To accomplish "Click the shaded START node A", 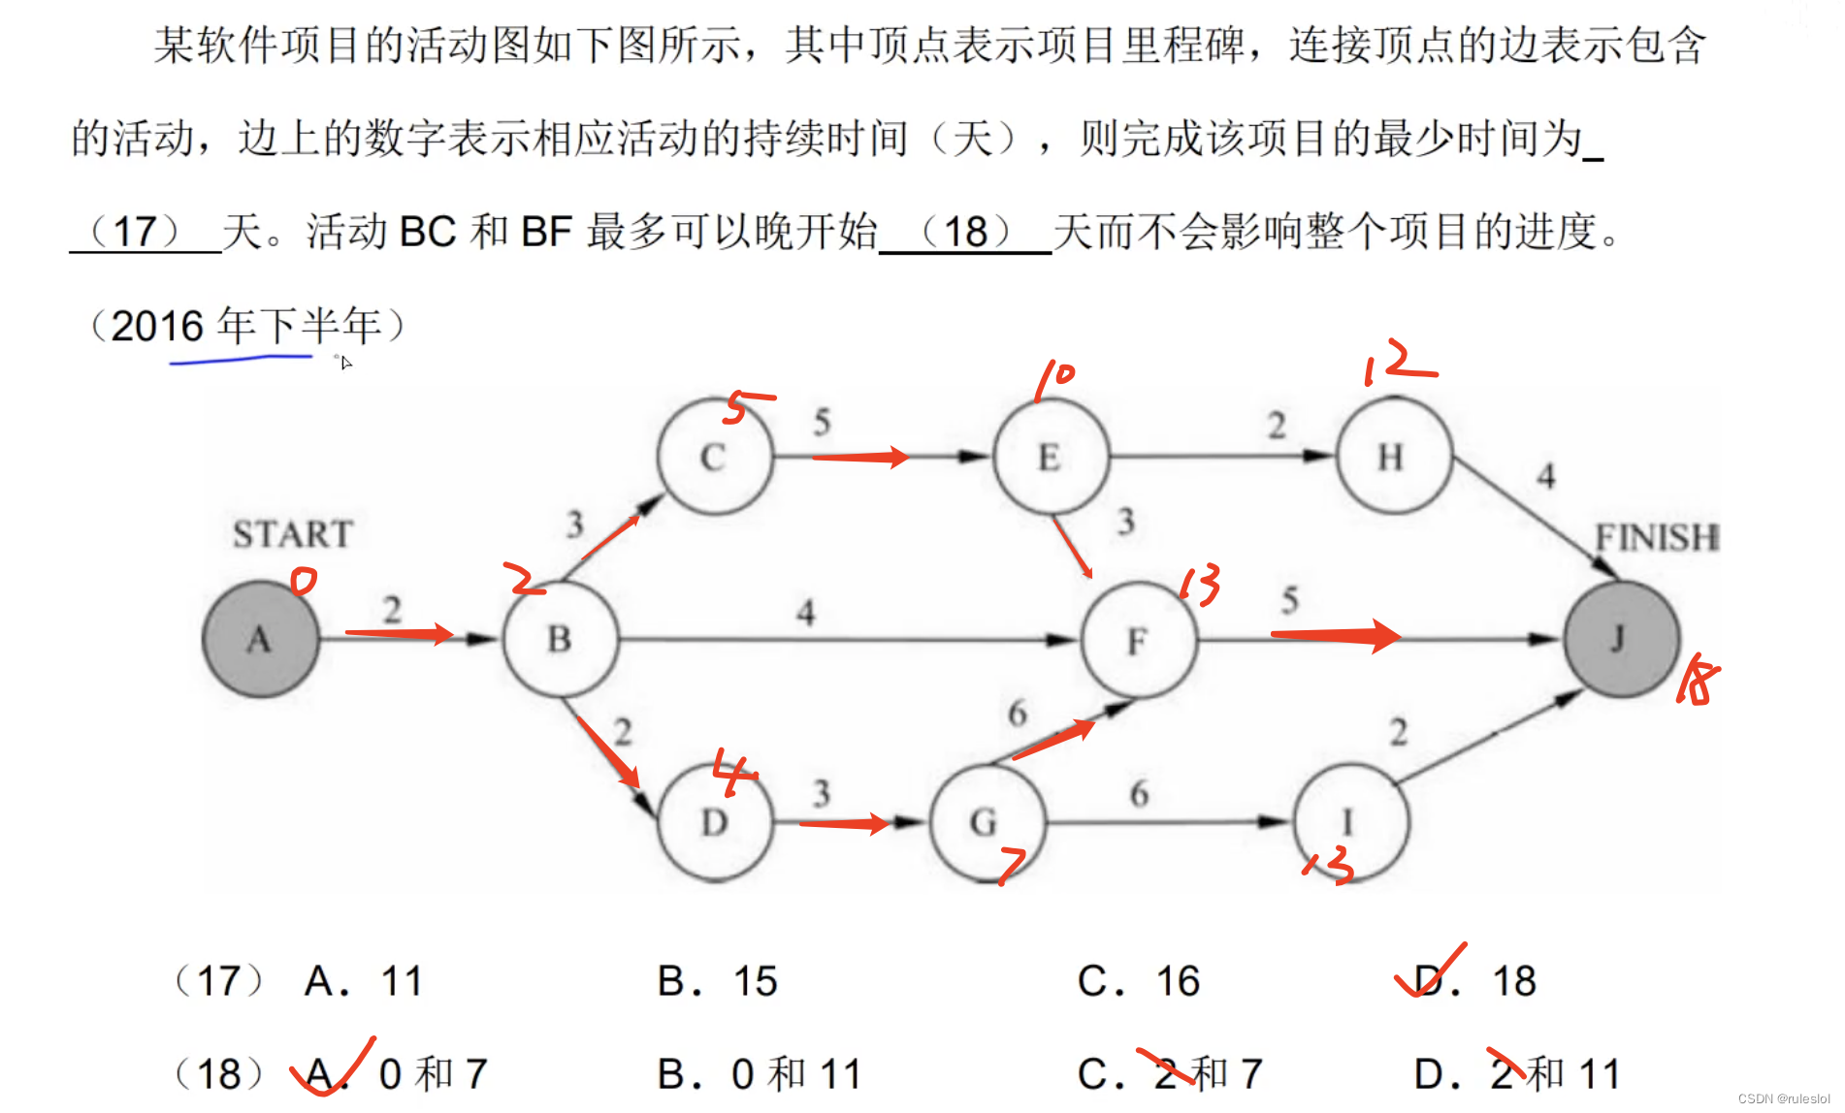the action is pos(260,639).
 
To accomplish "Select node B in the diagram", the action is pos(560,639).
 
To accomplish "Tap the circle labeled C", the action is pos(714,457).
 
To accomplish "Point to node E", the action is pos(1050,457).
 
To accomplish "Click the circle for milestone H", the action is pos(1392,457).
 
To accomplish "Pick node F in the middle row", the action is pos(1138,640).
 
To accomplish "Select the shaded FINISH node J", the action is pos(1620,639).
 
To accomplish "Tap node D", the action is pos(715,822).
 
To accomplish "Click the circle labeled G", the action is pos(986,822).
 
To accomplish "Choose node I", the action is pos(1349,822).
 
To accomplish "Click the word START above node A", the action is pos(292,534).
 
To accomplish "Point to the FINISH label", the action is pos(1657,536).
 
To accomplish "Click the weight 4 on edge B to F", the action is pos(806,613).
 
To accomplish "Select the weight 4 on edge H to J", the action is pos(1546,476).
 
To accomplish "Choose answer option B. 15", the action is pos(717,981).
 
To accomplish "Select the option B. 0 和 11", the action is pos(760,1074).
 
